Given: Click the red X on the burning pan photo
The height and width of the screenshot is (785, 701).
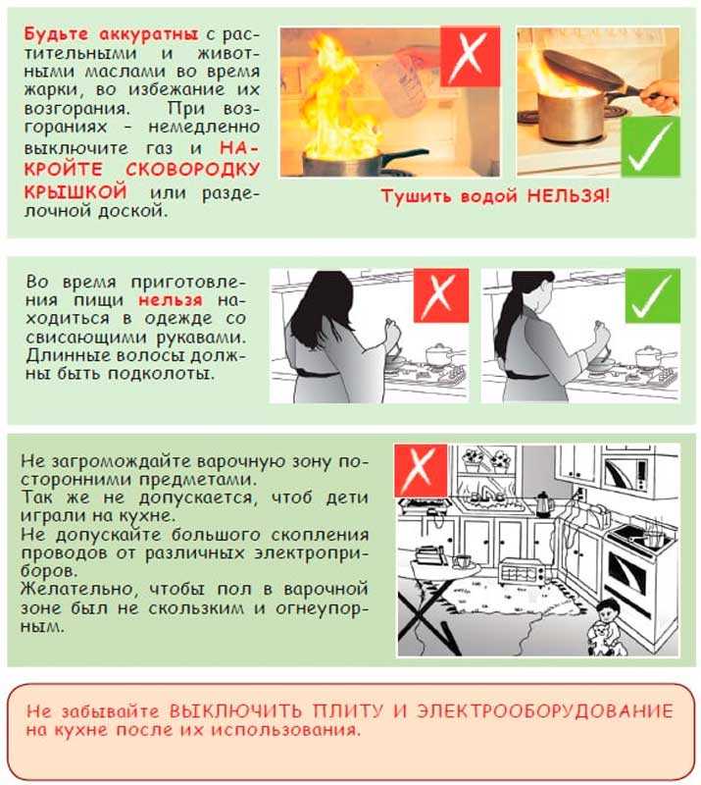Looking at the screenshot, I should (470, 56).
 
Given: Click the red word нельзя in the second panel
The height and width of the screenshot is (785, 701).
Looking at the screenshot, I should (171, 299).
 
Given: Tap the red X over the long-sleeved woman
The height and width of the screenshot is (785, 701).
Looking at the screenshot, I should (440, 295).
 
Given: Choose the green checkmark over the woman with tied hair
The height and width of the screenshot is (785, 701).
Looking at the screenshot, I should (652, 295).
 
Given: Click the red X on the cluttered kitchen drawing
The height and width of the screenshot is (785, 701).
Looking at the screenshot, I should (421, 470).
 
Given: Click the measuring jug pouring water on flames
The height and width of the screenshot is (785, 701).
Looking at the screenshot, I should (402, 78).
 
